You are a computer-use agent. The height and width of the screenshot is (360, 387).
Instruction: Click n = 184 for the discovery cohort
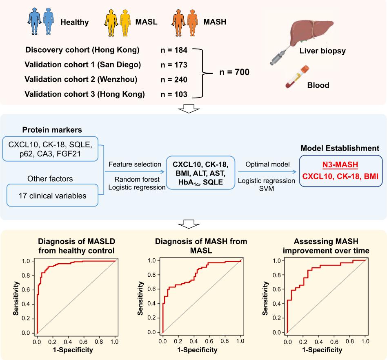pyautogui.click(x=174, y=50)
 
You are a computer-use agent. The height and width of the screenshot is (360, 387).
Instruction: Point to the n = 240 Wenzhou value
pyautogui.click(x=174, y=80)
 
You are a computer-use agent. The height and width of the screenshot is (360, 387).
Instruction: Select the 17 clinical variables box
pyautogui.click(x=53, y=196)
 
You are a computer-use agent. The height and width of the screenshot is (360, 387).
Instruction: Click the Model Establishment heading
pyautogui.click(x=340, y=149)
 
